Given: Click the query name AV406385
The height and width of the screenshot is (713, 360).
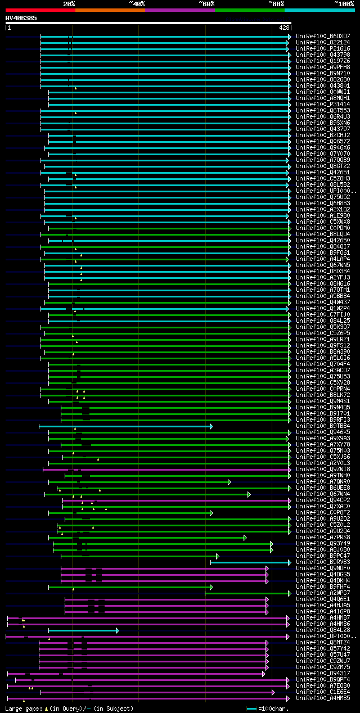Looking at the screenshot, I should [x=21, y=18].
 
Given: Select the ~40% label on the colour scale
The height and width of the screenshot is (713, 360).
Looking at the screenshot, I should [x=137, y=3].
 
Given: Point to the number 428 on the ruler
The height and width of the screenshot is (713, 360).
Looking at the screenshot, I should [x=284, y=28].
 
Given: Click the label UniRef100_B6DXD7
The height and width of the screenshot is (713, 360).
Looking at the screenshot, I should [x=323, y=36].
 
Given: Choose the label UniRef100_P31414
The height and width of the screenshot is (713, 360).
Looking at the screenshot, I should [x=323, y=104].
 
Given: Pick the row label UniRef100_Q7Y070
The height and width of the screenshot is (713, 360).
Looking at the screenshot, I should [x=323, y=154].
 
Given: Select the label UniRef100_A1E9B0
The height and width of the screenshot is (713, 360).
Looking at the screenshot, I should [x=323, y=215].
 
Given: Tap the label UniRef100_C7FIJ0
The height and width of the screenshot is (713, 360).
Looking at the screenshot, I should [x=323, y=314].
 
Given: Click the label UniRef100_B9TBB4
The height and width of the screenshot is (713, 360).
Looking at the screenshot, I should [x=323, y=426].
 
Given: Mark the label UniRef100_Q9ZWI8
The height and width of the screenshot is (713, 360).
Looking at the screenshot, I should [x=323, y=469].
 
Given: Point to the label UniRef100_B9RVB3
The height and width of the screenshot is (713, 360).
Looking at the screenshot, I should [x=323, y=562].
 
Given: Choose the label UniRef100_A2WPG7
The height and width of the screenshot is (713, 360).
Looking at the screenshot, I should [x=323, y=593].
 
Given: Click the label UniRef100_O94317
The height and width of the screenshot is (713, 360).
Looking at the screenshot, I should [x=323, y=673].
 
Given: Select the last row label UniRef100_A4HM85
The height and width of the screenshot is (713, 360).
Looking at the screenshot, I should [x=323, y=698].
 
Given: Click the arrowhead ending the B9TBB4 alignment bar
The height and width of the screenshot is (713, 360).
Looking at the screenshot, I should [x=211, y=426].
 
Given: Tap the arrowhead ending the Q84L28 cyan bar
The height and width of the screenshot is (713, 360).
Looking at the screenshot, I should [x=117, y=630].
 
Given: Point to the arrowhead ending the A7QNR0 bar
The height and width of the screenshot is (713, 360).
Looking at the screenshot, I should [x=229, y=482].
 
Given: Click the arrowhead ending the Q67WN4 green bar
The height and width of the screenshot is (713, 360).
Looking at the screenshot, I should [x=249, y=494].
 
